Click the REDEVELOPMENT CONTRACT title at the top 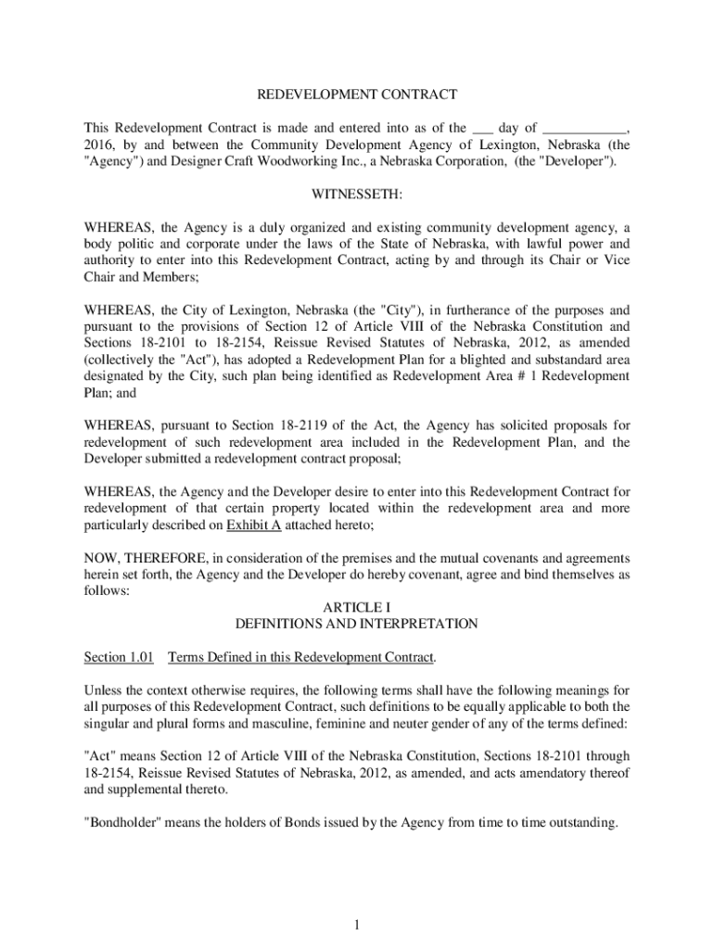point(357,95)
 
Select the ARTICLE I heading point(357,606)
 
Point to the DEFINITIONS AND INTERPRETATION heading point(357,624)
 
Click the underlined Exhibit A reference point(250,525)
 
